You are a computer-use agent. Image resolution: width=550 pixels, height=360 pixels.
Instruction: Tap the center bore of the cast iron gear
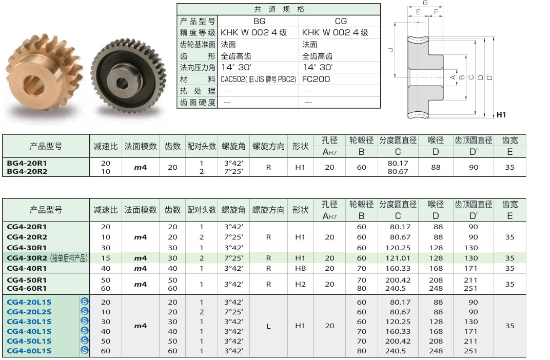(122, 83)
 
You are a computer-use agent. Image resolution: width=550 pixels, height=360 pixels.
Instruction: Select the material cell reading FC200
(316, 79)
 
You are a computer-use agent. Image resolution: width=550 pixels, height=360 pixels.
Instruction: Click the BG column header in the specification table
(259, 21)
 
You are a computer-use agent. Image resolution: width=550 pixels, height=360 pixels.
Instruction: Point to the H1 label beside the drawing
(501, 115)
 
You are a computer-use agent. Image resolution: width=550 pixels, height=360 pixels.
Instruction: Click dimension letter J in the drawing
(391, 50)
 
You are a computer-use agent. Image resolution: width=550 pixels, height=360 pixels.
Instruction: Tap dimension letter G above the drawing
(425, 3)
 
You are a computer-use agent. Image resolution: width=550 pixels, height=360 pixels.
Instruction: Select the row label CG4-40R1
(27, 268)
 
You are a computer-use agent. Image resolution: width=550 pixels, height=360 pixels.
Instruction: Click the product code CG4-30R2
(27, 258)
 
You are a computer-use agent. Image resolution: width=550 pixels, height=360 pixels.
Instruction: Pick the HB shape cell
(300, 268)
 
